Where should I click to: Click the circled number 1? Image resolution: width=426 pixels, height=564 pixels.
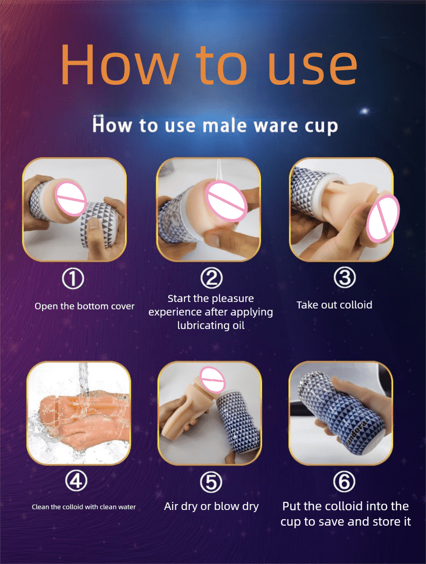pyautogui.click(x=73, y=279)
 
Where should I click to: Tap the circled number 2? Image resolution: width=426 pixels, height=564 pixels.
pyautogui.click(x=211, y=278)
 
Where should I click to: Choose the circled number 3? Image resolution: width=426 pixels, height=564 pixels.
pyautogui.click(x=345, y=278)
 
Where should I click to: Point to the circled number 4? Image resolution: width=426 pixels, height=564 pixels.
pyautogui.click(x=76, y=481)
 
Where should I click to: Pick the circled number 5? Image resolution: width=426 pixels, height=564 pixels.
pyautogui.click(x=211, y=482)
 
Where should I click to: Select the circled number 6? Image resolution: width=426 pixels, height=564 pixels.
pyautogui.click(x=345, y=481)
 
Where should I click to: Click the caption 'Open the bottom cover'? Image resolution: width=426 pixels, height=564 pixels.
pyautogui.click(x=84, y=306)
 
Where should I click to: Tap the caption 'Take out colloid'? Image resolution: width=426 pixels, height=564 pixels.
pyautogui.click(x=334, y=305)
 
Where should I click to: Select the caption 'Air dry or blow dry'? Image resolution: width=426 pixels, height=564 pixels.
pyautogui.click(x=211, y=506)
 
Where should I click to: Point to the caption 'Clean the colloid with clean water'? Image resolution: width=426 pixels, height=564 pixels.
pyautogui.click(x=84, y=507)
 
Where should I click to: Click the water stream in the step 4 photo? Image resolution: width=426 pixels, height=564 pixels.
pyautogui.click(x=83, y=382)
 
